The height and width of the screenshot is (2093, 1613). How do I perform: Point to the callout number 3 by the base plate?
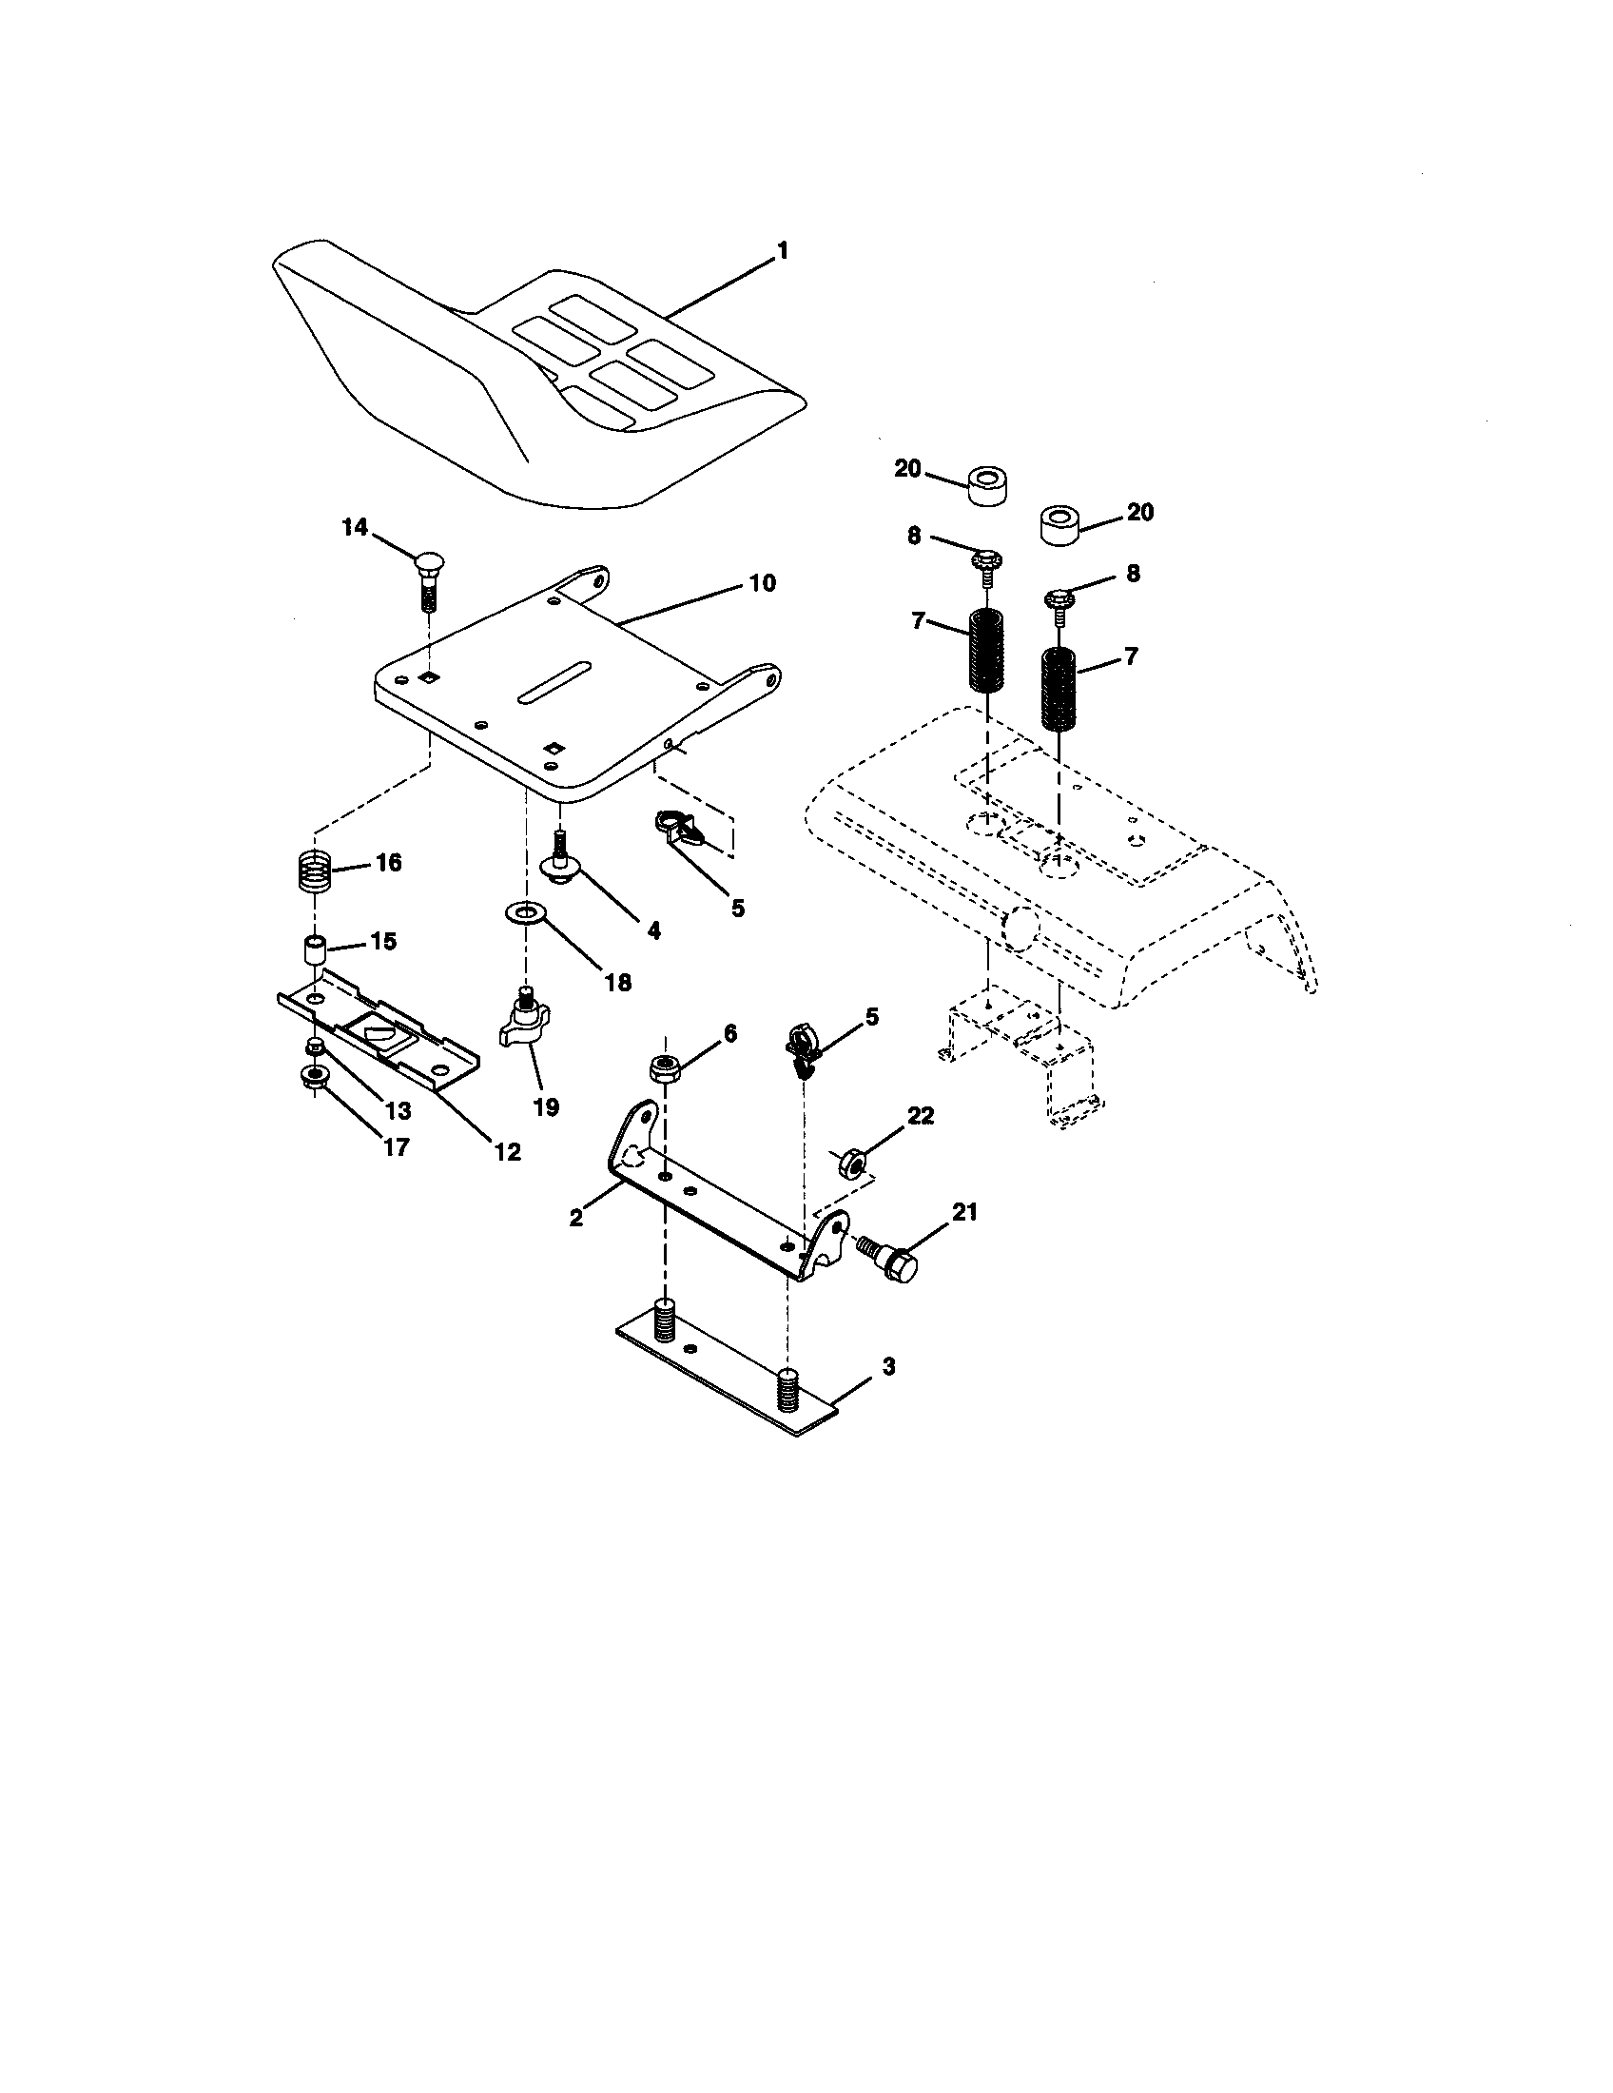coord(888,1366)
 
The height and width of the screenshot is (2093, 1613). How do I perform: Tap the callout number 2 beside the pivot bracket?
coord(576,1217)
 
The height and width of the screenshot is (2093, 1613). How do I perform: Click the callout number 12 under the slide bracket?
coord(507,1152)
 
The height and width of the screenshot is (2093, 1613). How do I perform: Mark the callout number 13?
coord(398,1109)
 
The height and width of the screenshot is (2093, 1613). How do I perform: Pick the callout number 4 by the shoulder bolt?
coord(653,929)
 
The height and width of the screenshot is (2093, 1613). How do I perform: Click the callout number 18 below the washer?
coord(619,982)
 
